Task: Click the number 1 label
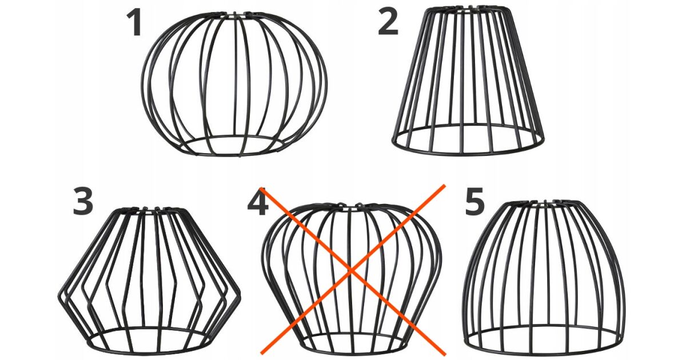click(134, 22)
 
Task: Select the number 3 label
click(83, 201)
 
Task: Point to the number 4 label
click(258, 202)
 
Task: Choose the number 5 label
click(474, 201)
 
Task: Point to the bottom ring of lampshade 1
click(234, 155)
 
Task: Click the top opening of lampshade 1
click(234, 13)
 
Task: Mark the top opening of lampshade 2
click(468, 6)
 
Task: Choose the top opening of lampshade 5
click(543, 201)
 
